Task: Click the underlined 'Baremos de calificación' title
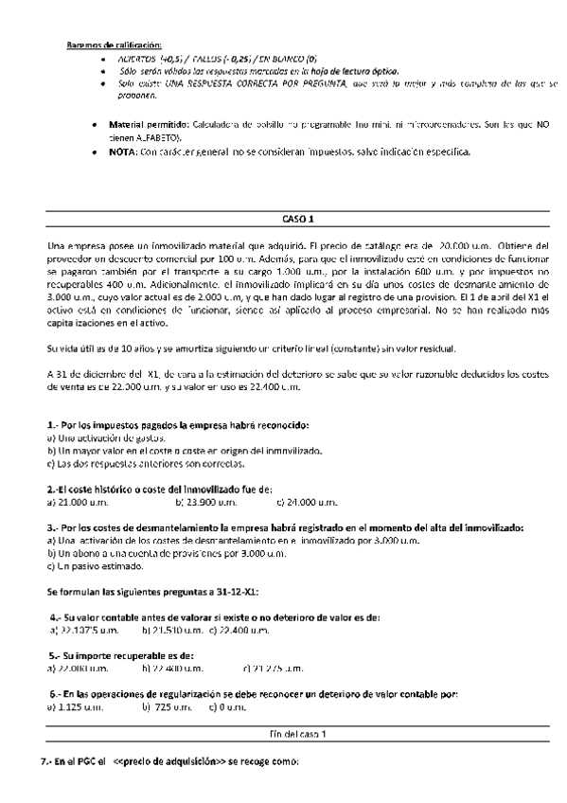(115, 45)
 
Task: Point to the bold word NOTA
(123, 152)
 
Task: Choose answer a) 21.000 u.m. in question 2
(80, 502)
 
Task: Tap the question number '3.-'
(54, 526)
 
